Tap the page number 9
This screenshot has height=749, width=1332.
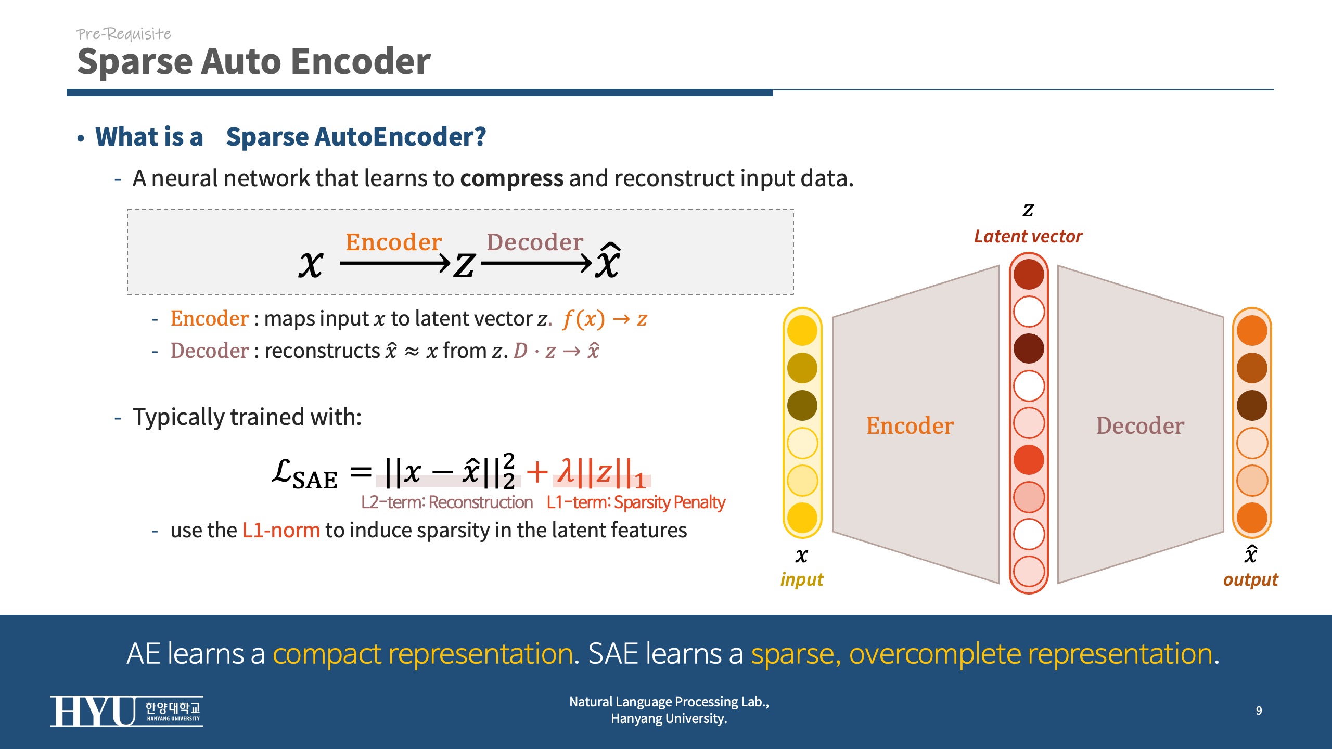point(1259,711)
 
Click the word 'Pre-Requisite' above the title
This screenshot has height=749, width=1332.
point(124,34)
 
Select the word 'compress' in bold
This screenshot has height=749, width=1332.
point(511,178)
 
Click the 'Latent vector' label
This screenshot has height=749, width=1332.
point(1028,237)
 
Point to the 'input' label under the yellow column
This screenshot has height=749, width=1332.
point(802,579)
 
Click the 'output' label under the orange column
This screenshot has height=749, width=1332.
point(1250,579)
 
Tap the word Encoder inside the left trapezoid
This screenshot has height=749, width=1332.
point(910,426)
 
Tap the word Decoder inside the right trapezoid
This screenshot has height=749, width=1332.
point(1140,426)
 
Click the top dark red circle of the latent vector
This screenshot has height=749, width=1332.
point(1029,275)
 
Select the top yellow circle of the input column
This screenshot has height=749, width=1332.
point(802,331)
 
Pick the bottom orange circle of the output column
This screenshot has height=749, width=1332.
point(1252,518)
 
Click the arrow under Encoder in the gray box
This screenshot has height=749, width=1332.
point(395,264)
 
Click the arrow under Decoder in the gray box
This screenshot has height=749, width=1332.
point(536,264)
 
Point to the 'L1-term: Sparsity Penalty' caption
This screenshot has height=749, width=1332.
point(635,502)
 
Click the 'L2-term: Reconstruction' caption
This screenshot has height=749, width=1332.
point(447,502)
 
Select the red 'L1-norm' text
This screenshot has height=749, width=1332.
point(281,531)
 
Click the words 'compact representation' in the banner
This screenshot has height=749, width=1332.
point(423,654)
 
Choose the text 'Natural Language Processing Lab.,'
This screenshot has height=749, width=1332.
point(669,702)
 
